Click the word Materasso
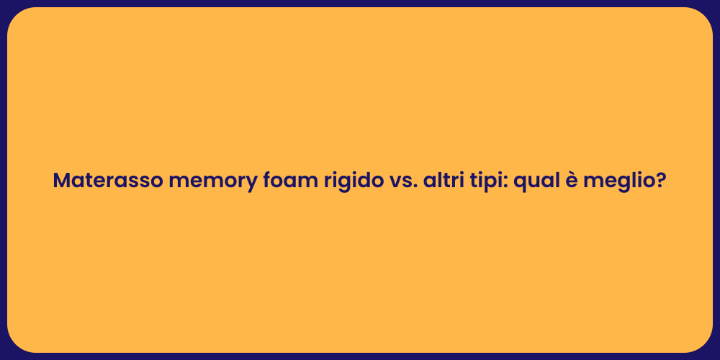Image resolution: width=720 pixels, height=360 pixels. (x=107, y=181)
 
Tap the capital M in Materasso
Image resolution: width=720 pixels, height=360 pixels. (x=62, y=181)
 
